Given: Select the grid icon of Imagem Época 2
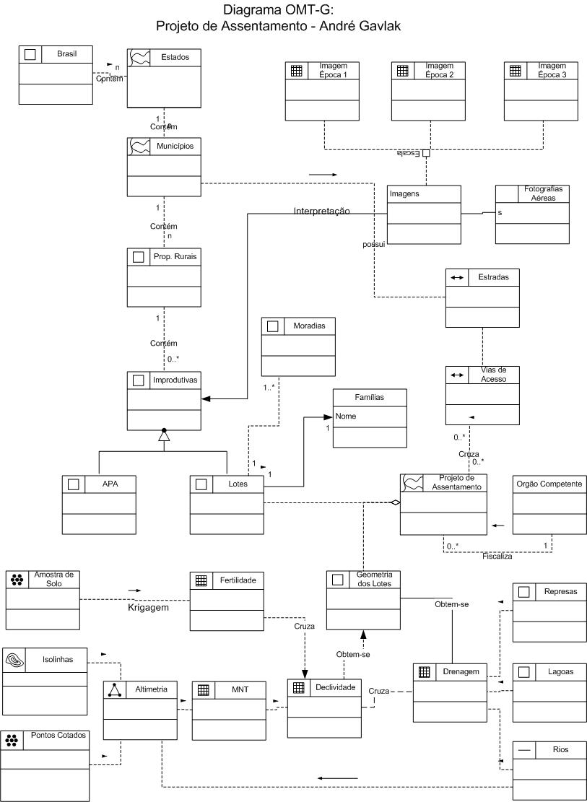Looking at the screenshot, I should (403, 71).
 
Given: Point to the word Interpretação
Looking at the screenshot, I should (321, 212).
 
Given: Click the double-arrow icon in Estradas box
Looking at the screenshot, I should (456, 277).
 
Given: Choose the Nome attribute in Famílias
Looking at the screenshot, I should (346, 416).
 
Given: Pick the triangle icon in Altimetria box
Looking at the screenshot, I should (115, 689).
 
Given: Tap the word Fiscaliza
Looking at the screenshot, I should (497, 557).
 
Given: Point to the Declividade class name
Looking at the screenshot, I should (335, 688).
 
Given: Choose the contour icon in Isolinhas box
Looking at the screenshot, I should (15, 658).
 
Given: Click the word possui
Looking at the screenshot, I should (374, 245).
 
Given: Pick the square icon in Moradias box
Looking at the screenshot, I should (272, 326).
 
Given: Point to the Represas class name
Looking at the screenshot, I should (560, 591).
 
